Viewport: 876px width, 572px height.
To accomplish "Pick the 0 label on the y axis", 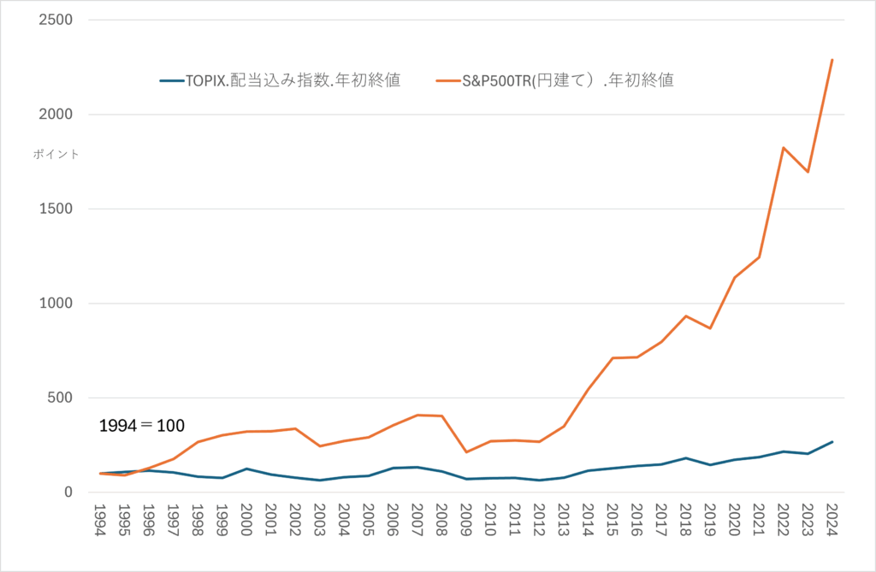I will pos(71,492).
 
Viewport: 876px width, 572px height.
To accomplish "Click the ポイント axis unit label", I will pos(56,154).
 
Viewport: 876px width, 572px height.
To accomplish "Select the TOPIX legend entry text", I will pos(293,81).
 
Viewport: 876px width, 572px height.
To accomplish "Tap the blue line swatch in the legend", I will pos(170,81).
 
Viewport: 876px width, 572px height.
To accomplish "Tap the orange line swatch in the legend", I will pos(448,81).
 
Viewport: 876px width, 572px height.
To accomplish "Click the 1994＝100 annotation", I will pos(142,425).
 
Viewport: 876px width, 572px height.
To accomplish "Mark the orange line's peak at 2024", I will pos(832,60).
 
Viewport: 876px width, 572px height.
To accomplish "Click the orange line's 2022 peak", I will pos(783,148).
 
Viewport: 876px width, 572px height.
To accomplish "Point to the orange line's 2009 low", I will pos(467,452).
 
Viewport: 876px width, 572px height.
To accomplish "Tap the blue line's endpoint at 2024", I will pos(832,442).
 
